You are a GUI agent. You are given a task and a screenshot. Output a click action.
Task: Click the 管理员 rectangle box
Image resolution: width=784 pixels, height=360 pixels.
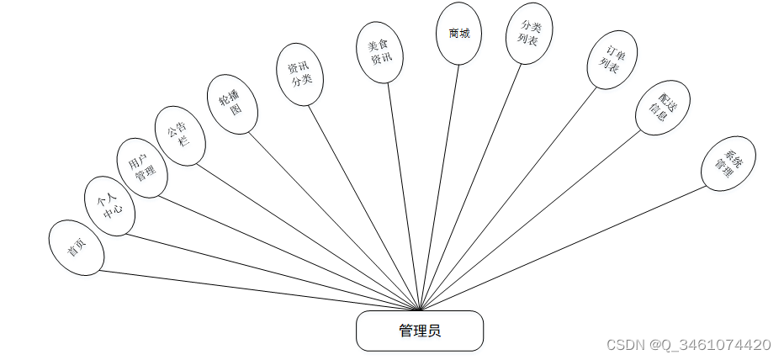(420, 331)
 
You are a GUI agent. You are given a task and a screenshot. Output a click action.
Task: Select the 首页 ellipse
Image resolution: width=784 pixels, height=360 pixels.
(77, 247)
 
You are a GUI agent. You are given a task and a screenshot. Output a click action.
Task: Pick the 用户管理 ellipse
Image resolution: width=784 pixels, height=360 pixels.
(141, 167)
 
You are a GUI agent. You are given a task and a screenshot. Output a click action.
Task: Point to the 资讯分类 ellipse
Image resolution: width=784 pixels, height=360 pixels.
(300, 74)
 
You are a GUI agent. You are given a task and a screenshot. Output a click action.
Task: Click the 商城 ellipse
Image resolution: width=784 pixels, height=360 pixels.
(458, 34)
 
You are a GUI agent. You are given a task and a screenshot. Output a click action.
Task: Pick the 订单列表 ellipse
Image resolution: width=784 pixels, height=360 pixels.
(611, 61)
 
